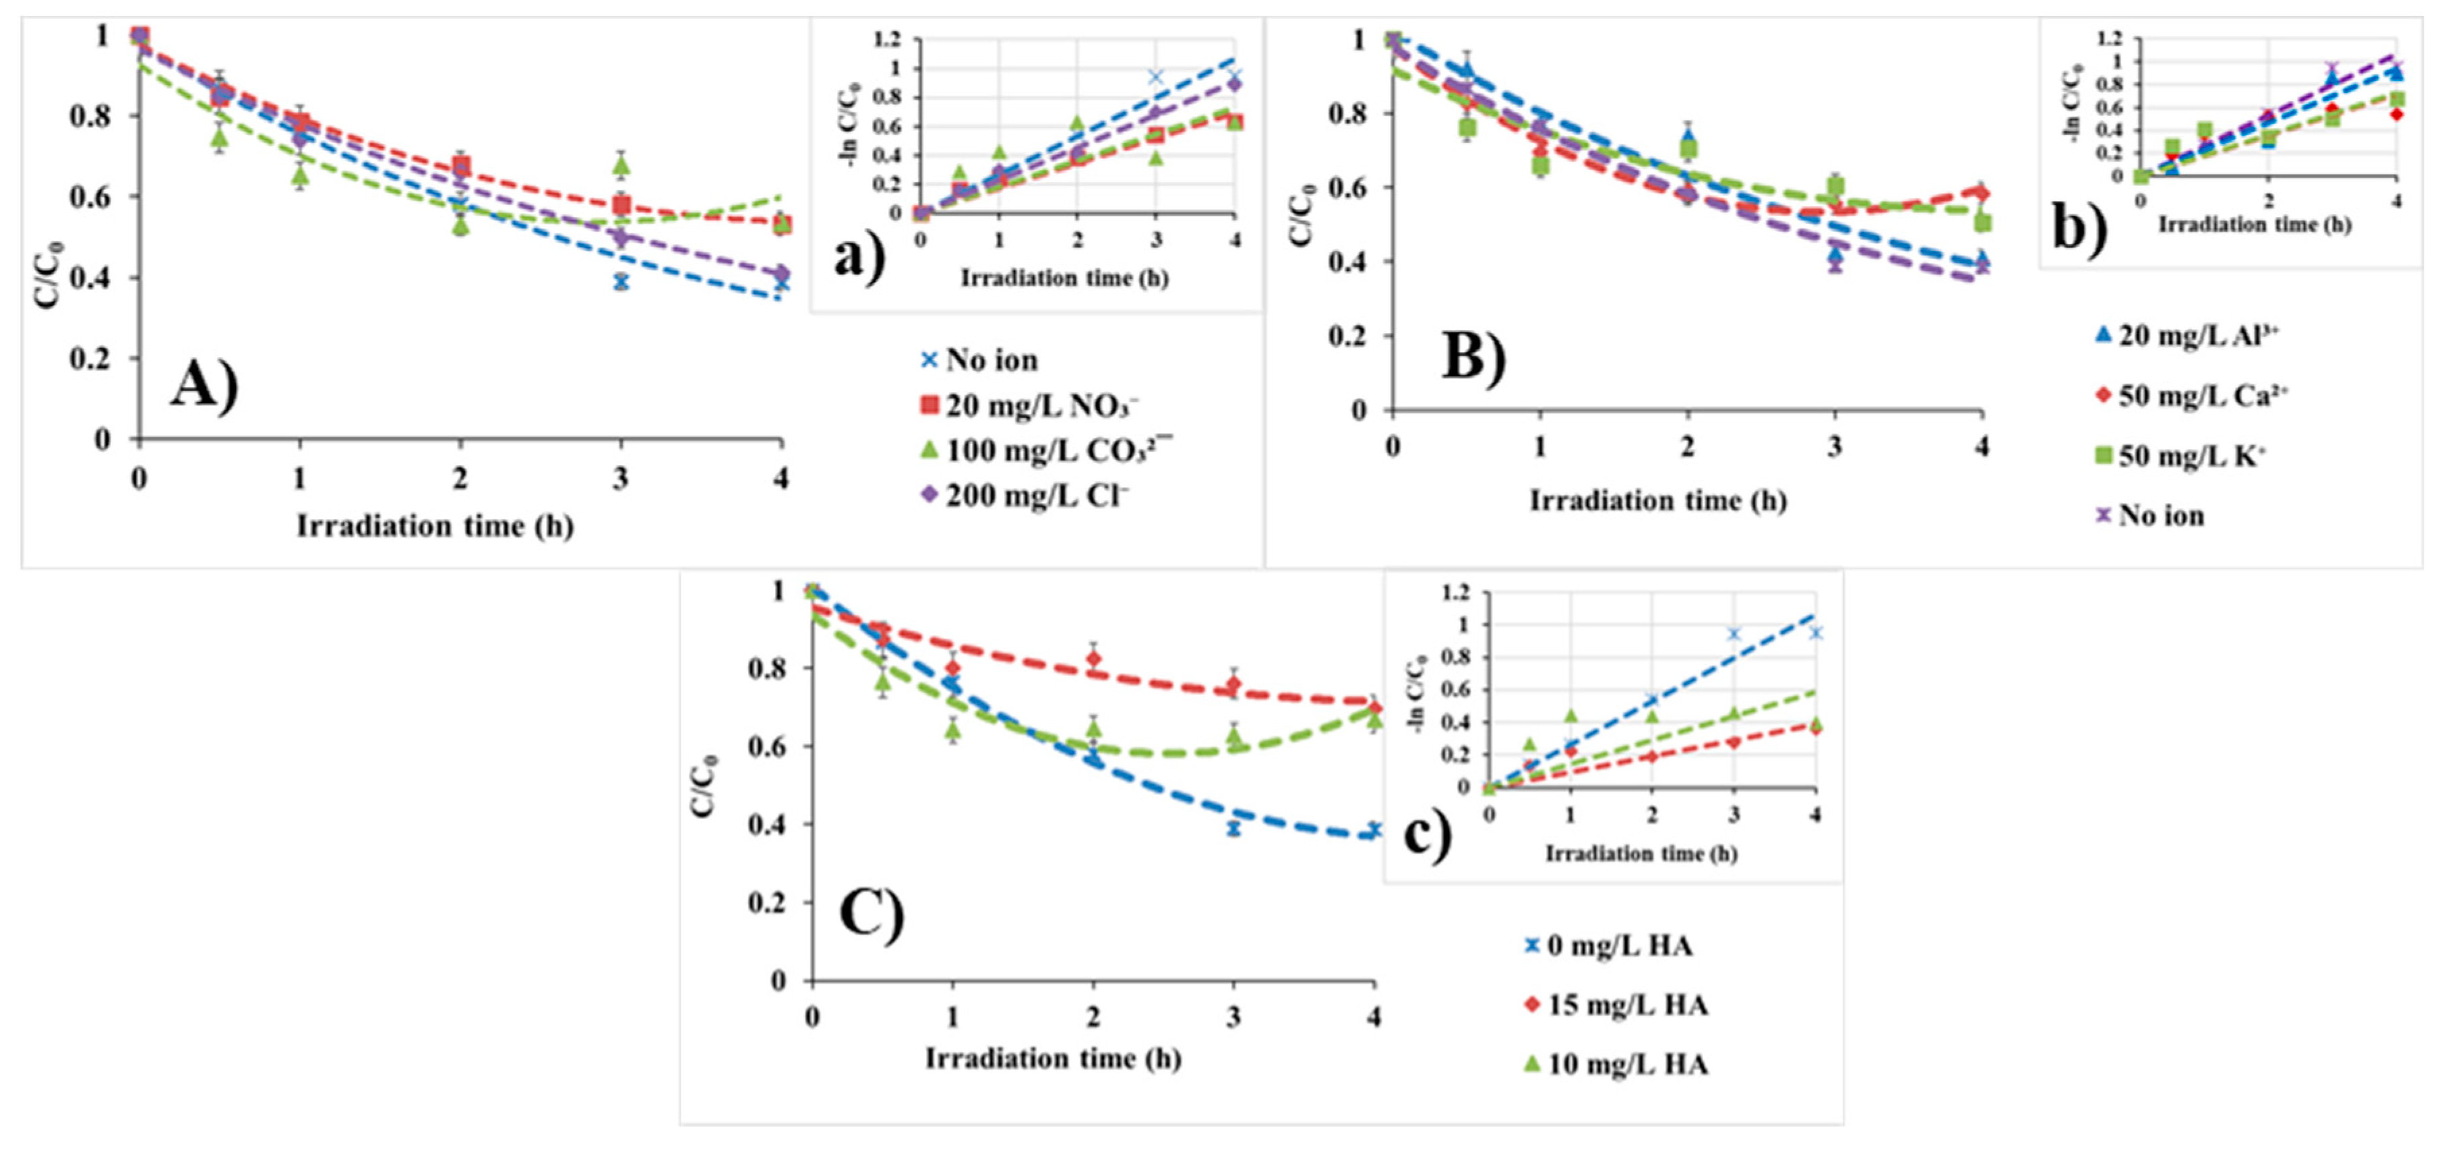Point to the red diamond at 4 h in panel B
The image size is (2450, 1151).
coord(1981,193)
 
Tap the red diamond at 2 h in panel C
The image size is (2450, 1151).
coord(1094,658)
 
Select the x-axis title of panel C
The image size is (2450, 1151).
coord(1053,1059)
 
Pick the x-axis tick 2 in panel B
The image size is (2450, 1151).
coord(1687,446)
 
